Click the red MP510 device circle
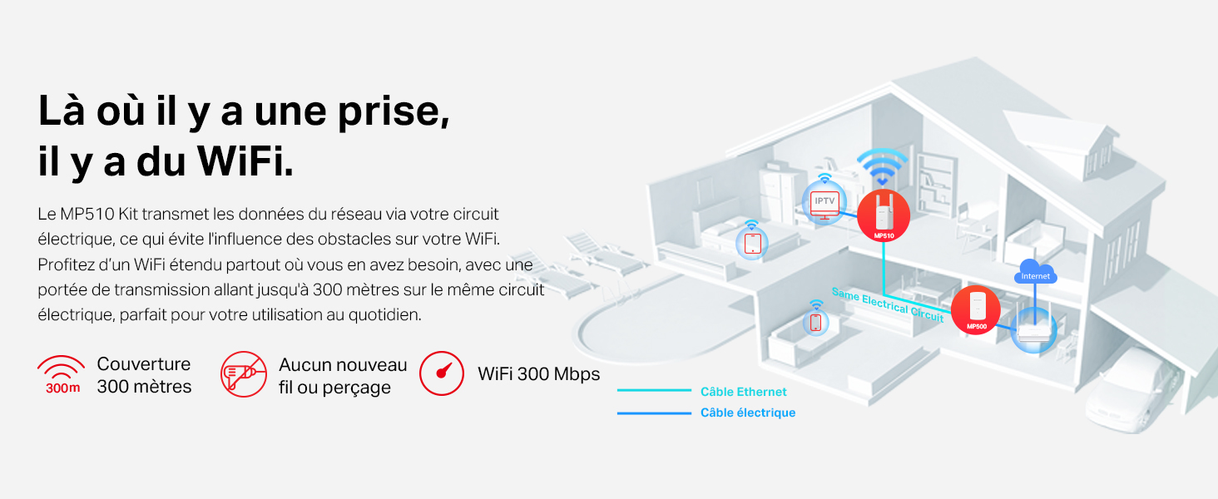tap(883, 215)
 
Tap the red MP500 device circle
tap(976, 310)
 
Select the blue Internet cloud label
tap(1035, 272)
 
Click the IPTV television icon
tap(824, 205)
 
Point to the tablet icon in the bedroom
tap(753, 244)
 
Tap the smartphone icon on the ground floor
tap(815, 323)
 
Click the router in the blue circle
tap(1033, 330)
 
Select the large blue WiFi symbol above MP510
tap(882, 166)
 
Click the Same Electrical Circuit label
tap(888, 304)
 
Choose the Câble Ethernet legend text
tap(743, 392)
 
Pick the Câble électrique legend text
tap(748, 413)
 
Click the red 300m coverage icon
tap(62, 374)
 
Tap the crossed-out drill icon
tap(244, 374)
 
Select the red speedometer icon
tap(442, 373)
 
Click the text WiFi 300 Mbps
tap(539, 374)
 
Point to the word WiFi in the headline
tap(245, 161)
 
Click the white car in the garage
tap(1131, 392)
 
